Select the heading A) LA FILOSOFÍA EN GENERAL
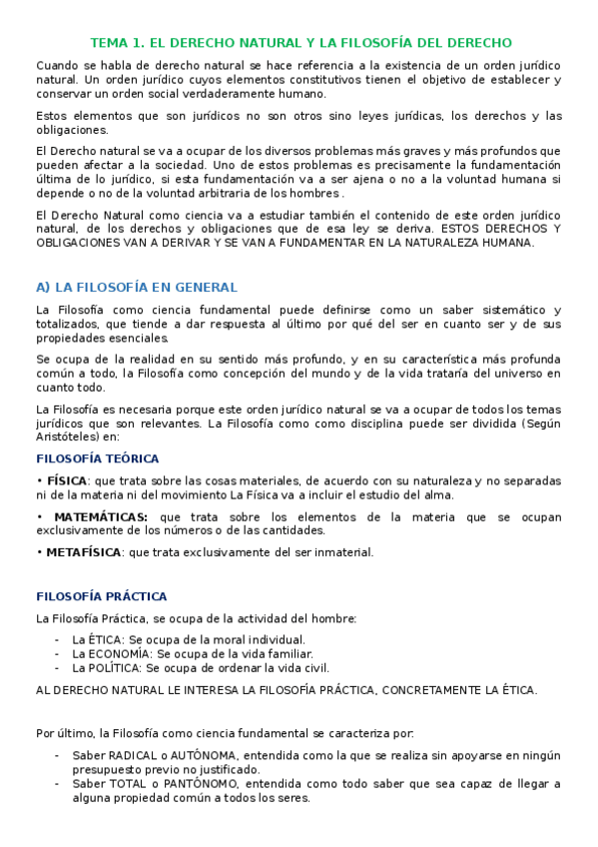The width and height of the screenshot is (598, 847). point(136,287)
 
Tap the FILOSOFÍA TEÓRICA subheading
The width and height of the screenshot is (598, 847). point(97,458)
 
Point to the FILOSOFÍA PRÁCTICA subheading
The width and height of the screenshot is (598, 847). point(101,596)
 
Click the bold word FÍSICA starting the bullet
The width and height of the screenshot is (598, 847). point(66,480)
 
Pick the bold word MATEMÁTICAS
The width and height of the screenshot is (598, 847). point(100,516)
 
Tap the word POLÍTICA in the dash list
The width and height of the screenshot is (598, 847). point(112,667)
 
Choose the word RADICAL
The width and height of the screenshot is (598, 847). point(133,756)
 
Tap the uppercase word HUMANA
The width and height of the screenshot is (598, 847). point(506,242)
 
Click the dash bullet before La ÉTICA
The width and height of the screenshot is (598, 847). point(58,639)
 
